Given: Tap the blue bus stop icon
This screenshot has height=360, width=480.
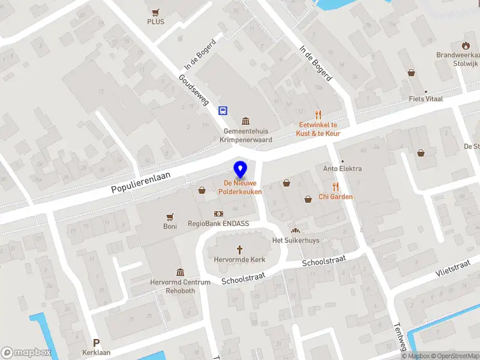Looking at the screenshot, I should tap(223, 110).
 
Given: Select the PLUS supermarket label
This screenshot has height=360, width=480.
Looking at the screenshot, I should tap(155, 22).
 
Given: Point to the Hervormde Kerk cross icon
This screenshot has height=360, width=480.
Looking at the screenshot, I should tap(240, 249).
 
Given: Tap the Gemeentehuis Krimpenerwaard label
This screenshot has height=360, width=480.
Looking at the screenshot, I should tap(245, 135).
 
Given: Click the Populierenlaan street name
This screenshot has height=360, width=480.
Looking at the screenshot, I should tap(141, 181).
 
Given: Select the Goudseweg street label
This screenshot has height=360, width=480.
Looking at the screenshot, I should tap(193, 90).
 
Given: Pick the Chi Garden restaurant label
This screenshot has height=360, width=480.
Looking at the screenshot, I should tap(335, 196).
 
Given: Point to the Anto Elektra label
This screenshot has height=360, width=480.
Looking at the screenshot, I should tap(343, 169).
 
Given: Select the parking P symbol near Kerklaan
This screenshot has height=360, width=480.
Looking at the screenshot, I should tap(95, 342).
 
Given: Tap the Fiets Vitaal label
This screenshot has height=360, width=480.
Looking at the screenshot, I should tap(425, 99).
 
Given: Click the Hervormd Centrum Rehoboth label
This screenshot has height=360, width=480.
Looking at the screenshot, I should tap(180, 286).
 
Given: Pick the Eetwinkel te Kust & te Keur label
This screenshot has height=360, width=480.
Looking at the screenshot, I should tap(318, 129).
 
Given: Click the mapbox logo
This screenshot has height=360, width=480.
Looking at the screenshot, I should tap(25, 352).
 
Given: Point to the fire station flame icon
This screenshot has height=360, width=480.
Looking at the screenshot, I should tap(466, 45).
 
